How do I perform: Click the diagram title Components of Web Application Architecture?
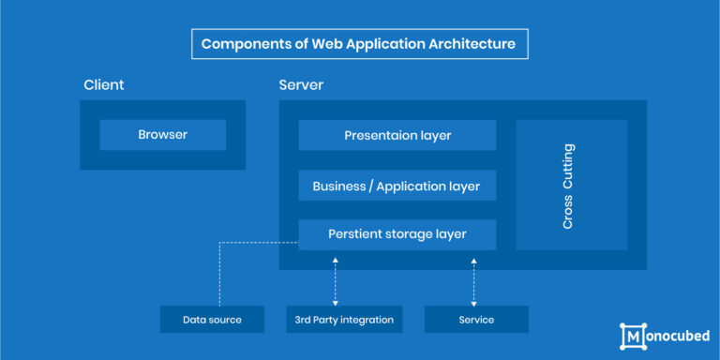pyautogui.click(x=359, y=44)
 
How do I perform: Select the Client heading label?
pyautogui.click(x=103, y=85)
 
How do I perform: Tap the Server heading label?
pyautogui.click(x=301, y=85)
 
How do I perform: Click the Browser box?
pyautogui.click(x=162, y=135)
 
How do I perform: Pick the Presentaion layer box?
pyautogui.click(x=397, y=135)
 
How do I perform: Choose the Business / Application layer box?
pyautogui.click(x=397, y=186)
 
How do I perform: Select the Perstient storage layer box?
pyautogui.click(x=397, y=234)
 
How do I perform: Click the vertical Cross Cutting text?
pyautogui.click(x=568, y=186)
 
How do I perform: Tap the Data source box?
pyautogui.click(x=212, y=320)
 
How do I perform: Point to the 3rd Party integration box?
pyautogui.click(x=344, y=320)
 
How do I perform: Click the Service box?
pyautogui.click(x=476, y=320)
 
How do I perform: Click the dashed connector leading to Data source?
pyautogui.click(x=219, y=272)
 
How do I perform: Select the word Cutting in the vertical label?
pyautogui.click(x=568, y=165)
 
